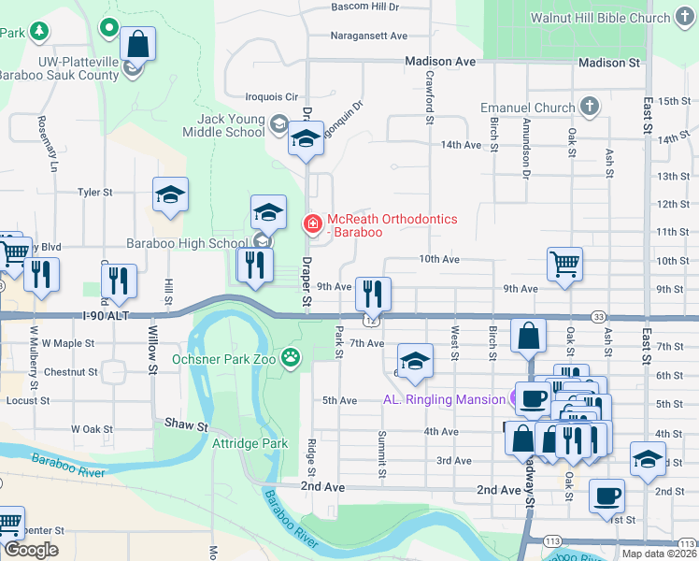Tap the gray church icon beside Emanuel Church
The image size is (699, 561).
[590, 107]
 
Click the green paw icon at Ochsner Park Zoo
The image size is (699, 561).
[292, 356]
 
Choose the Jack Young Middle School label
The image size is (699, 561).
[231, 125]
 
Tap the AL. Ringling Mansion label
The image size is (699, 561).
[444, 399]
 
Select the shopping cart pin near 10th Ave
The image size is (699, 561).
[565, 264]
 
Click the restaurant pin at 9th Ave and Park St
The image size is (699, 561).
[373, 294]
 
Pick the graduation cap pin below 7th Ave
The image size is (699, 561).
[415, 361]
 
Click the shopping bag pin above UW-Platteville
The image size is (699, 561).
[137, 43]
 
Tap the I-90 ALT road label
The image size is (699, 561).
[105, 317]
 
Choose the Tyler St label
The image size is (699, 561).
[94, 192]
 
